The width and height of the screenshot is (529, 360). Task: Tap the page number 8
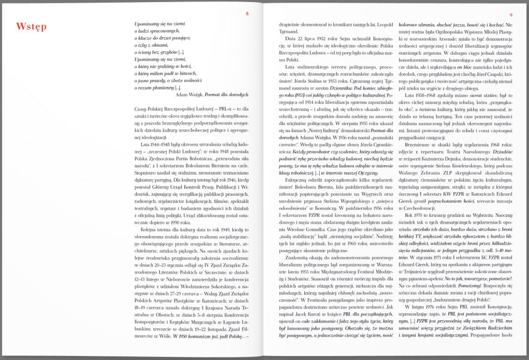pyautogui.click(x=247, y=14)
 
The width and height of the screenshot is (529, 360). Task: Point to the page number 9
pyautogui.click(x=510, y=14)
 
